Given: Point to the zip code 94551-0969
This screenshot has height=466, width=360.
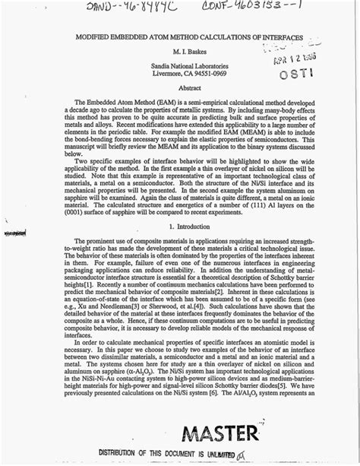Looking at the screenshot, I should point(207,75).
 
